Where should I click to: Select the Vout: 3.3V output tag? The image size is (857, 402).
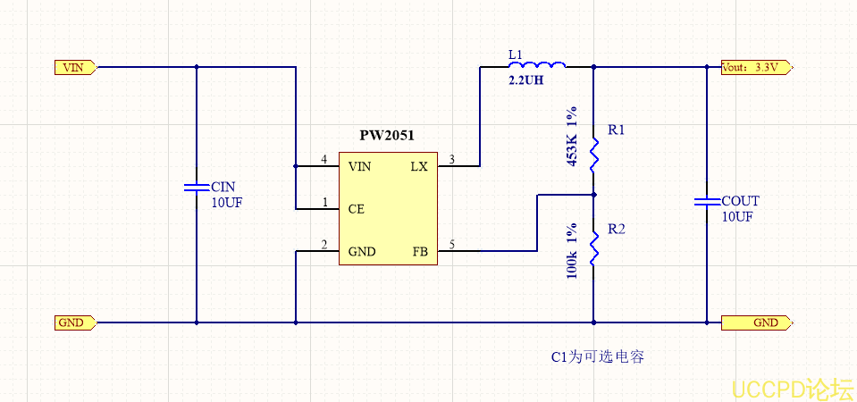(x=752, y=67)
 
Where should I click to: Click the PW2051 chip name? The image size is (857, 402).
(x=386, y=136)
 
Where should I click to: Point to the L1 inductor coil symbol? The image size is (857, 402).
(x=536, y=65)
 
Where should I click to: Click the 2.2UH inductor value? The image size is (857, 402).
(x=525, y=80)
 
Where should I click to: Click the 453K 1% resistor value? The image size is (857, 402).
(x=572, y=138)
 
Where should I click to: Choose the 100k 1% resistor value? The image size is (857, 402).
(x=572, y=253)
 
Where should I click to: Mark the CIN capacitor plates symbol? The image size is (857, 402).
(x=197, y=188)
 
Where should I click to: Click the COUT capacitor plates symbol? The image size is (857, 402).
(x=706, y=202)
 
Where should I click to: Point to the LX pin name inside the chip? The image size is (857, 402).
(x=418, y=167)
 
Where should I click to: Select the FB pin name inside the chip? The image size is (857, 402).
(x=419, y=252)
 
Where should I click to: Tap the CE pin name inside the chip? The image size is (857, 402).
(x=357, y=209)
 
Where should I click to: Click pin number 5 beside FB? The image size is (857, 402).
(x=452, y=245)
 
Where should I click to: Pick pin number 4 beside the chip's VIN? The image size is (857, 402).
(x=323, y=160)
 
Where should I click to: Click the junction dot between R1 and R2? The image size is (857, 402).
(x=593, y=193)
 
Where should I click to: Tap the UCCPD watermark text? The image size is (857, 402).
(x=792, y=389)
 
